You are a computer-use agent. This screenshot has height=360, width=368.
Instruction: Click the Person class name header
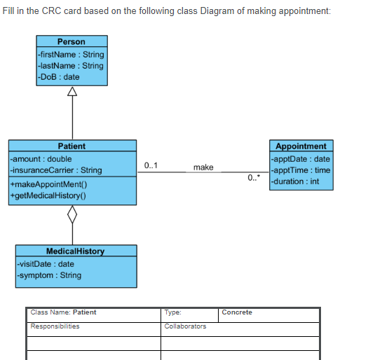pos(71,42)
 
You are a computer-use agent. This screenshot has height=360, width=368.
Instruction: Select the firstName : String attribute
pos(70,55)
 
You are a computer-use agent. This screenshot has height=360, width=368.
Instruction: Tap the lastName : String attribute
pos(70,66)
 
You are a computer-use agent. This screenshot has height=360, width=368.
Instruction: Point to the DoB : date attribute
pos(59,77)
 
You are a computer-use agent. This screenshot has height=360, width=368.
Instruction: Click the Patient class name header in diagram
pos(71,146)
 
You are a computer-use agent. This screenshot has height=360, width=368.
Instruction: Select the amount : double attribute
pos(40,159)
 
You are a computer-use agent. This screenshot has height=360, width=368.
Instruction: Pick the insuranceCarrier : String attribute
pos(55,170)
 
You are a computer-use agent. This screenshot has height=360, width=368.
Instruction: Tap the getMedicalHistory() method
pos(47,195)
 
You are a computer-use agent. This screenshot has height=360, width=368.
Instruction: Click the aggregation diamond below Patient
pos(71,215)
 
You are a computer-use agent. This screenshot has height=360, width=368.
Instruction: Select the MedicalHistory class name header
pos(75,251)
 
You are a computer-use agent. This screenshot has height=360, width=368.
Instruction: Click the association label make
pos(203,167)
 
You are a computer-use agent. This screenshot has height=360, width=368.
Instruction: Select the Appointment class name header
pos(301,146)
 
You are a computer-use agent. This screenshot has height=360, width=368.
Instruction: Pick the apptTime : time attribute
pos(301,170)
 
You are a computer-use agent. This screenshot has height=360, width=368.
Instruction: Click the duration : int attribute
pos(295,181)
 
